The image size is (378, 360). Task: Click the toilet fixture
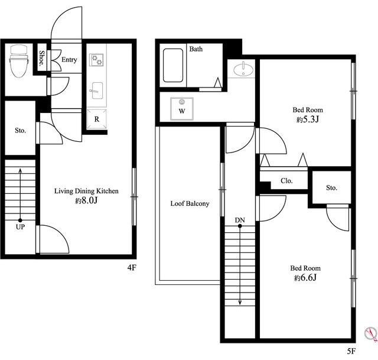(x=19, y=61)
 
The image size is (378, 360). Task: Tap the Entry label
(x=69, y=60)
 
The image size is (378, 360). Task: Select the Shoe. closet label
(x=42, y=58)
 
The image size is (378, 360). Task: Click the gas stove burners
(x=96, y=60)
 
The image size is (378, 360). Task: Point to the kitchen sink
(x=97, y=90)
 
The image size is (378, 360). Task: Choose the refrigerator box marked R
(x=97, y=119)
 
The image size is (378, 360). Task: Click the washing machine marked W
(x=182, y=109)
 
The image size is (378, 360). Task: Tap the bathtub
(x=173, y=66)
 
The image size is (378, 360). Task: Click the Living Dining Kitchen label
(x=86, y=191)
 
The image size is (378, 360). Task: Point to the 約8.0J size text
(x=86, y=200)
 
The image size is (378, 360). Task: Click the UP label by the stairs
(x=20, y=227)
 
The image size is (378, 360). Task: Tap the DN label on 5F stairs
(x=240, y=220)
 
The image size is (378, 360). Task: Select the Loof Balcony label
(x=190, y=204)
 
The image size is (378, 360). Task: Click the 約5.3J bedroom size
(x=308, y=119)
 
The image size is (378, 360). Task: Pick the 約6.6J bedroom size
(x=305, y=278)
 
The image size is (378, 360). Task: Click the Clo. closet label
(x=286, y=181)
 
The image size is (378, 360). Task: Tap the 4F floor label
(x=132, y=267)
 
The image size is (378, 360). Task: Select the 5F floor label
(x=351, y=351)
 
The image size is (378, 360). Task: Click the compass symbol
(x=371, y=334)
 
